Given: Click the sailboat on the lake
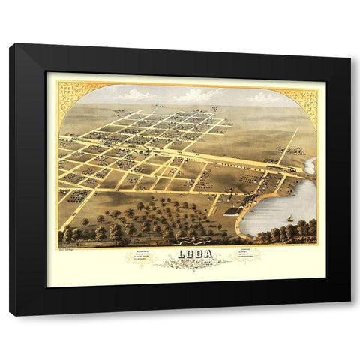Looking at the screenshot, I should [x=290, y=218].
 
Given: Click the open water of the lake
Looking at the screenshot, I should [x=277, y=206].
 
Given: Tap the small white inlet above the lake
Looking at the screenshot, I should [x=310, y=166].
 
